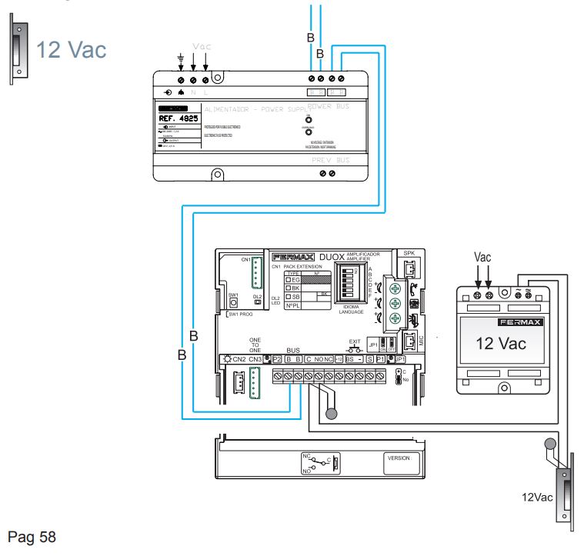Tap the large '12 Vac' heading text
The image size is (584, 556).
[x=75, y=48]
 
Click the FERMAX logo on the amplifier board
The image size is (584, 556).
[x=293, y=257]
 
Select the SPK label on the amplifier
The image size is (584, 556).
[x=409, y=252]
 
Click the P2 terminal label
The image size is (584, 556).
[x=277, y=359]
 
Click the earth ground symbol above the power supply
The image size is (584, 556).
[x=179, y=55]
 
